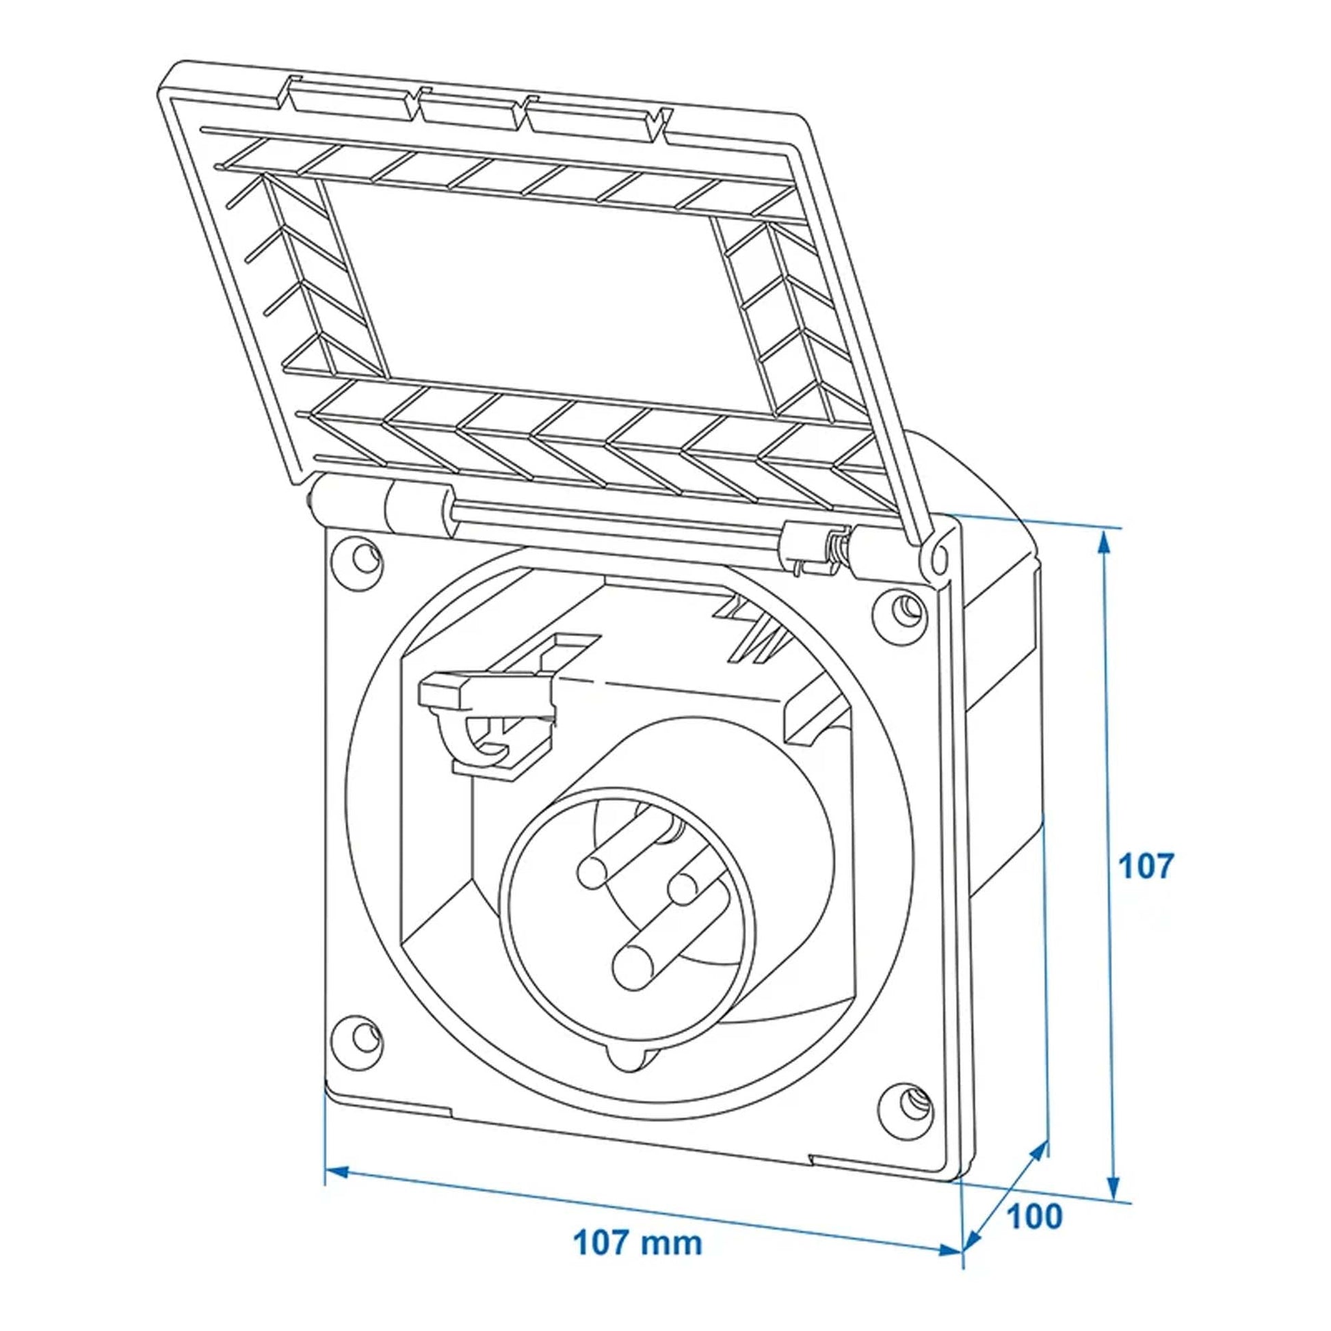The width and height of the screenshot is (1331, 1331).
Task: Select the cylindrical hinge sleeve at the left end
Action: click(x=421, y=510)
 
